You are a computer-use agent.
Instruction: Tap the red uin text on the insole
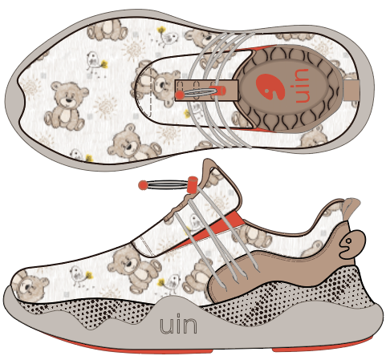[x=303, y=86]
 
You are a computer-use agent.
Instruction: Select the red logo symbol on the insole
[x=270, y=87]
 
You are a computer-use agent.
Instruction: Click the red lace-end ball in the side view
[x=144, y=185]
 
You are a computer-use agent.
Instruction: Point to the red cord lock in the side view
[x=193, y=184]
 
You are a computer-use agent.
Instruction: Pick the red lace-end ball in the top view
[x=180, y=95]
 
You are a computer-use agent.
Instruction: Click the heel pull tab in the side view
[x=351, y=208]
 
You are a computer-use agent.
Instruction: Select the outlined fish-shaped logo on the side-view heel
[x=351, y=244]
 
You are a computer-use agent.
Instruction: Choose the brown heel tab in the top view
[x=351, y=89]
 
